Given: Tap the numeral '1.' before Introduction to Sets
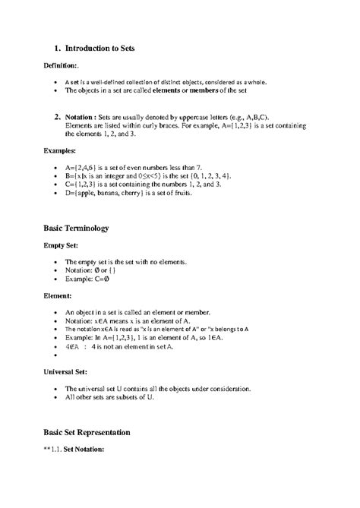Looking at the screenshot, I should tap(56, 47).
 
